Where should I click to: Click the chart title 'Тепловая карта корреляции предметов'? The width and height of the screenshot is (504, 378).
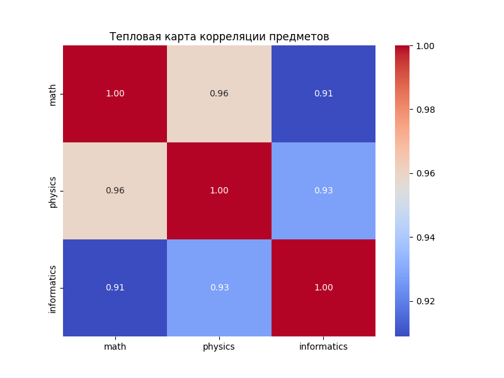pos(219,37)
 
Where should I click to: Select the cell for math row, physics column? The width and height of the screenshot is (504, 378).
pos(219,94)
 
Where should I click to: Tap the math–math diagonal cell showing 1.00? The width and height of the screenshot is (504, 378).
pos(115,94)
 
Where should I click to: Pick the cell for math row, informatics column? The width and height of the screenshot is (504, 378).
pos(323,94)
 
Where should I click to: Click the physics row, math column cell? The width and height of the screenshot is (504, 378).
pos(115,191)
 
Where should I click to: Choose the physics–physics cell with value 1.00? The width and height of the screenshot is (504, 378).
pos(219,191)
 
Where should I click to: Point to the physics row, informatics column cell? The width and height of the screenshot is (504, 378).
pos(323,191)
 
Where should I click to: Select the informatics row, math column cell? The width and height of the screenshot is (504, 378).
pos(115,288)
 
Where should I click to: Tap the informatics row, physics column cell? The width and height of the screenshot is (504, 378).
pos(219,288)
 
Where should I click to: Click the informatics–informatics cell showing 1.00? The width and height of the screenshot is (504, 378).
pos(323,288)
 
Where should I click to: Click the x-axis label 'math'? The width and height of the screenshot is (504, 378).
pos(115,346)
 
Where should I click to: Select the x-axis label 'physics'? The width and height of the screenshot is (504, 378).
pos(219,346)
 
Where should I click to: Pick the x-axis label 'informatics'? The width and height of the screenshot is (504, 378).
pos(323,346)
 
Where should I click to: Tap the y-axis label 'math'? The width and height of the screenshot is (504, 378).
pos(53,94)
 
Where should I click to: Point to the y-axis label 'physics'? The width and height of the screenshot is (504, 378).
pos(53,191)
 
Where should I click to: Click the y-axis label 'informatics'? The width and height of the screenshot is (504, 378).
pos(53,288)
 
